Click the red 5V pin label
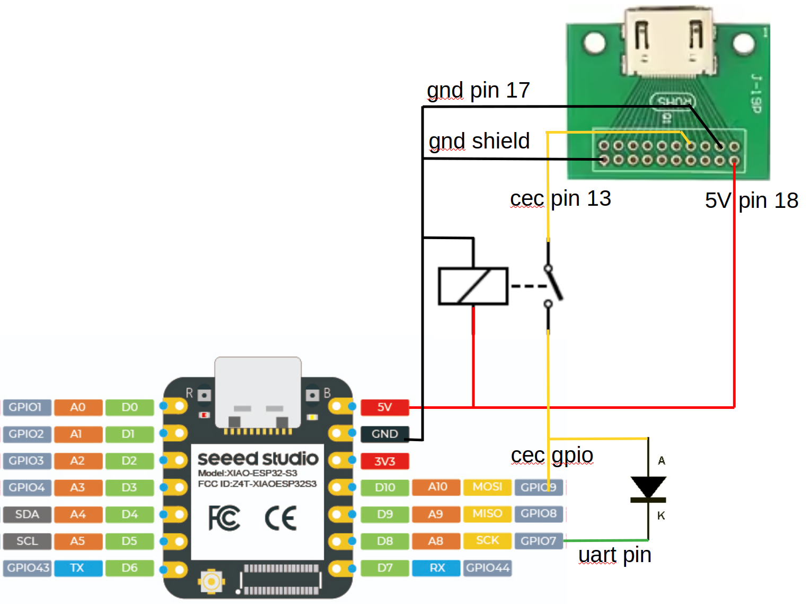(384, 407)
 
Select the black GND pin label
(384, 434)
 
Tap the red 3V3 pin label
(384, 461)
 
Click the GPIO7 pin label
(538, 541)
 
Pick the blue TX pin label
(77, 568)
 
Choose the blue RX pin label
(437, 568)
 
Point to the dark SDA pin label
(27, 514)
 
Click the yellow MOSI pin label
(487, 487)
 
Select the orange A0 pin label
(77, 407)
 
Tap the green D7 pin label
(385, 568)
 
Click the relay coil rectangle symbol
(473, 286)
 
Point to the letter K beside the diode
(661, 515)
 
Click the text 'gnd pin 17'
(478, 90)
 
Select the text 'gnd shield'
(479, 141)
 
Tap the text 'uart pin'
(614, 555)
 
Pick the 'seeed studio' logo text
(258, 459)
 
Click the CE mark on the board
(280, 518)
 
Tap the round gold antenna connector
(211, 582)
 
